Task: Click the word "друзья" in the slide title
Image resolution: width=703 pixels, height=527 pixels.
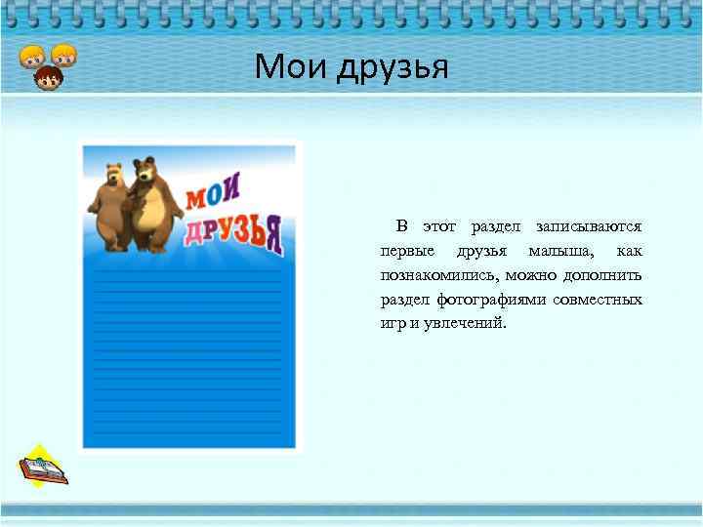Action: (x=393, y=68)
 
